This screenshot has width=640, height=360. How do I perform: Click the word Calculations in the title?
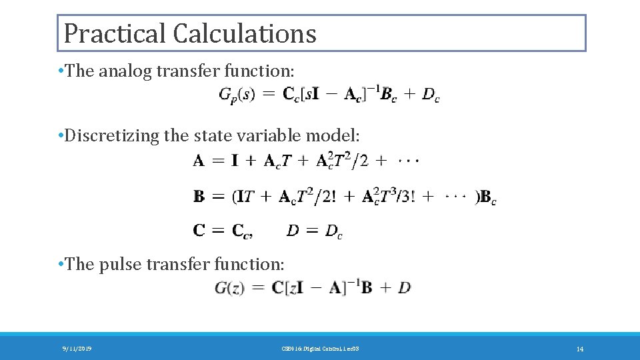tap(245, 33)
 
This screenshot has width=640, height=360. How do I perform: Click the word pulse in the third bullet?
tap(121, 264)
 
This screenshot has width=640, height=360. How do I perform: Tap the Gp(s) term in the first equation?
tap(237, 95)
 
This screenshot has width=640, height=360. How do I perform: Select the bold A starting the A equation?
tap(199, 161)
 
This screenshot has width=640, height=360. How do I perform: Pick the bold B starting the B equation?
tap(199, 197)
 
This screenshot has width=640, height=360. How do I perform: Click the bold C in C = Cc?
tap(199, 231)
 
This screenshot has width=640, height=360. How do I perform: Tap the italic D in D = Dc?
tap(293, 231)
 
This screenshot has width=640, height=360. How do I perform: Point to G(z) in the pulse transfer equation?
tap(230, 288)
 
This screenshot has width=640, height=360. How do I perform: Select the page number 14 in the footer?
tap(579, 349)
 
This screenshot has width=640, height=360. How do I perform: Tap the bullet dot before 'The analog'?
tap(61, 71)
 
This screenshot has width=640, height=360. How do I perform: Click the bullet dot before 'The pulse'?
tap(61, 264)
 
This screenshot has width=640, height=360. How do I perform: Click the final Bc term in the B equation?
tap(488, 197)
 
